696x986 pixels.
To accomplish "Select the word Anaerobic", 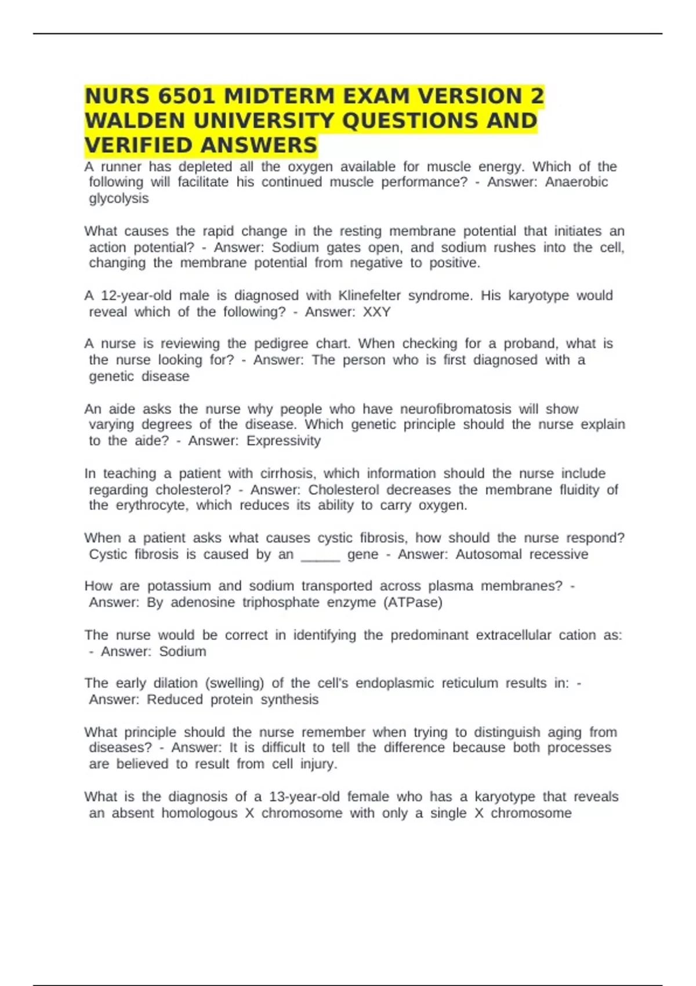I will point(576,182).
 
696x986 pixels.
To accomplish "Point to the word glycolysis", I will point(118,198).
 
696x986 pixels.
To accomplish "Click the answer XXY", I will point(376,312).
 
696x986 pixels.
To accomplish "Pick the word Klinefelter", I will point(369,295).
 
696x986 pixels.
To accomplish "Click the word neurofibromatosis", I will point(456,409).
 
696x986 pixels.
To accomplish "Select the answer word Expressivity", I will point(283,441).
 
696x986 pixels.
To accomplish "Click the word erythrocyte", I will point(152,505).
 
